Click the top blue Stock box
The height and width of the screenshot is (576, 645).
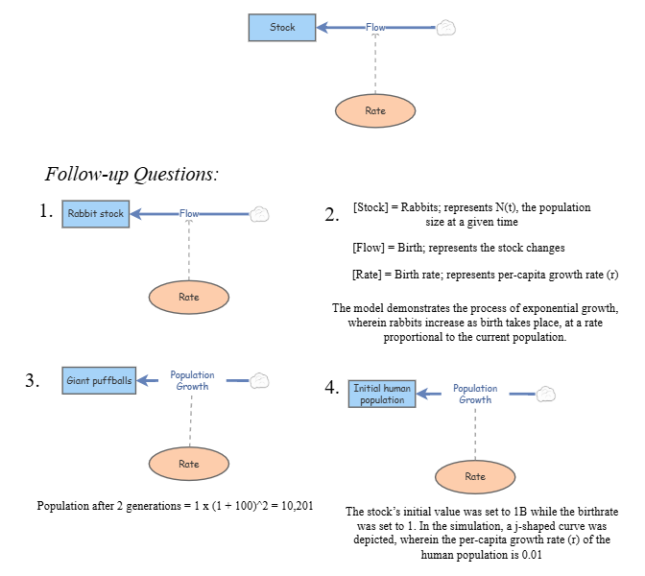pos(282,27)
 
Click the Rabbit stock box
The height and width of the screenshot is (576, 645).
pos(96,214)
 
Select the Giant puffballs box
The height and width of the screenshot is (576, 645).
pos(99,381)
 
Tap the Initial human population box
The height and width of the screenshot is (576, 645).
pos(382,394)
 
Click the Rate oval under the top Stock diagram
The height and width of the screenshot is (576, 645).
pos(375,111)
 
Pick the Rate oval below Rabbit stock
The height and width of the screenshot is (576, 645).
pos(189,297)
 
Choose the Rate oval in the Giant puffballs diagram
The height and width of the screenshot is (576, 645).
pos(189,464)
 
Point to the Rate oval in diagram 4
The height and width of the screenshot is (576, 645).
pos(475,476)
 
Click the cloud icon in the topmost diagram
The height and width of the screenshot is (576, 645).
pos(445,28)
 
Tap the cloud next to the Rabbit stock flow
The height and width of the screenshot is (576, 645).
pos(259,214)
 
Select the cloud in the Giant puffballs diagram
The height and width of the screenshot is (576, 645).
pos(259,381)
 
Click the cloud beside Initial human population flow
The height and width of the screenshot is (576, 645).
pos(545,394)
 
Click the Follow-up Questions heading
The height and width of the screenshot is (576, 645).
pos(131,175)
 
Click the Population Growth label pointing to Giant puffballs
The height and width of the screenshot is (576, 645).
pos(192,381)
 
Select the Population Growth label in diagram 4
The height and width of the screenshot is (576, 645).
pos(475,394)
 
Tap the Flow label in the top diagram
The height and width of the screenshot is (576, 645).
pos(375,28)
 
